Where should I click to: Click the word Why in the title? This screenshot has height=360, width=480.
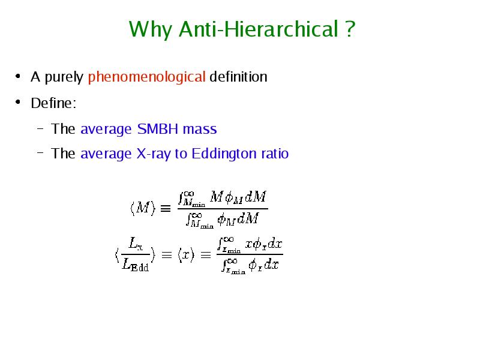coord(151,29)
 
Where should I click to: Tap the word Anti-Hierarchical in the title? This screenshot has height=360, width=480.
coord(259,29)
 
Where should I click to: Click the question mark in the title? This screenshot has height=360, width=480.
coord(350,29)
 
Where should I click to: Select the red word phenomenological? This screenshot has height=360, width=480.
coord(146,77)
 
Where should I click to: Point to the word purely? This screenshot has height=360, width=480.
coord(64,77)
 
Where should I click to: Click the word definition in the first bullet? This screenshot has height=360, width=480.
coord(238,77)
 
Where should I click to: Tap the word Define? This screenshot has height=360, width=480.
coord(53,103)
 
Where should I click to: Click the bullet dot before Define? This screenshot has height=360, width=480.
coord(18,102)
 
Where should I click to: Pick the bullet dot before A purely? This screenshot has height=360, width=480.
coord(18,76)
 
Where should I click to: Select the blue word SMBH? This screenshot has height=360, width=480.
coord(158,129)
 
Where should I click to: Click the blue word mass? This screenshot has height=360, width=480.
coord(200,130)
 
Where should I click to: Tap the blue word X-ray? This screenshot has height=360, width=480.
coord(154,154)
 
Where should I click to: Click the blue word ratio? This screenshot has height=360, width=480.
coord(275,154)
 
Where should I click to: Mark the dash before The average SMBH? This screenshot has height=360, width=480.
coord(40,128)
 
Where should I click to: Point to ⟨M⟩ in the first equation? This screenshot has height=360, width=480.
coord(143,208)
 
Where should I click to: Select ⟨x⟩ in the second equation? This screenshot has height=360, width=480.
coord(186,254)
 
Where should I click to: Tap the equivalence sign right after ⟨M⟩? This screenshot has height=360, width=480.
coord(166,209)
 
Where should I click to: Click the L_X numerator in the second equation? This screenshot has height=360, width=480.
coord(136,244)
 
